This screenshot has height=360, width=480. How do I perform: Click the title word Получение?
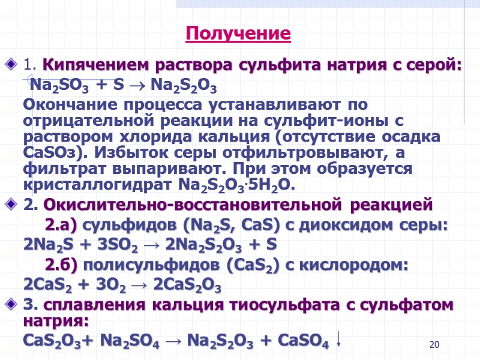point(238,33)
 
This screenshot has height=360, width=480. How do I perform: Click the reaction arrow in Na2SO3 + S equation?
point(137,85)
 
